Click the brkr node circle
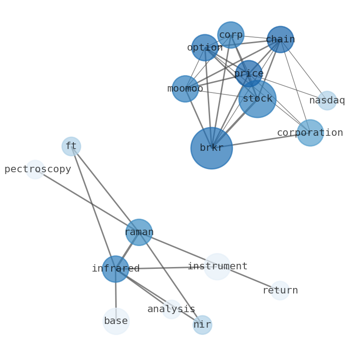[211, 148]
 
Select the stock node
[257, 99]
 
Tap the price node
[248, 73]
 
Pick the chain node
[280, 40]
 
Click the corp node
[231, 35]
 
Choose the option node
[205, 47]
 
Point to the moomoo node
[185, 89]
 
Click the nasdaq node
[327, 101]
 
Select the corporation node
[310, 133]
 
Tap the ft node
[71, 146]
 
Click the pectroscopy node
[35, 170]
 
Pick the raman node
[139, 232]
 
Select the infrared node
[115, 269]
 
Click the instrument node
[217, 267]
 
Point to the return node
[280, 290]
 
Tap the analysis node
[171, 309]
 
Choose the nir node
[202, 325]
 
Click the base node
[116, 321]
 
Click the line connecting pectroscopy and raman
[87, 201]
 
